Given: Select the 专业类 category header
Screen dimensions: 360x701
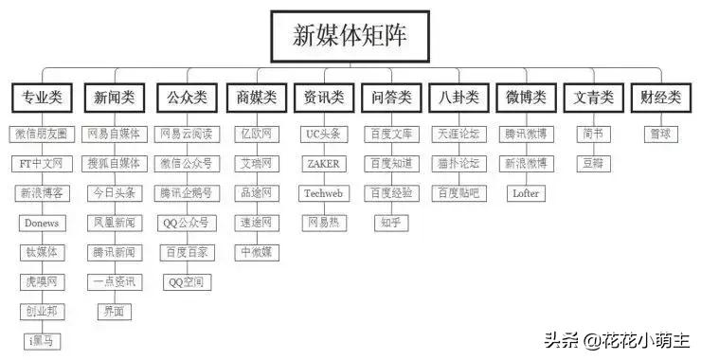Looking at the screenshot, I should [x=41, y=97].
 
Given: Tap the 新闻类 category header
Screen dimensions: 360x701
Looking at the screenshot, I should [x=114, y=97].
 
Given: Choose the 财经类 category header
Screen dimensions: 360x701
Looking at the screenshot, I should [x=659, y=97].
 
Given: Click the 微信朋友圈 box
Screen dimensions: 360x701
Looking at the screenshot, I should [x=41, y=135].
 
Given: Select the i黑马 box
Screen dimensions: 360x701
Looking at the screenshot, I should [x=41, y=339].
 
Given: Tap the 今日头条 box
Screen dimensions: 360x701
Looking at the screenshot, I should [x=114, y=193].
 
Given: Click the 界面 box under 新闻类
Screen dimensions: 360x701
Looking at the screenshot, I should [x=114, y=310].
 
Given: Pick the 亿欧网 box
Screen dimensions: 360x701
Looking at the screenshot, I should [x=256, y=135].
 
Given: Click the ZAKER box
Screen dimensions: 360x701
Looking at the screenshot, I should [x=323, y=164].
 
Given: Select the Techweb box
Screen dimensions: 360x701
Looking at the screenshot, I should [x=323, y=193].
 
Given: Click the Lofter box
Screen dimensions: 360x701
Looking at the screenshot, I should [x=526, y=193].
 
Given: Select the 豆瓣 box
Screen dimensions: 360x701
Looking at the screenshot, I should [x=593, y=164].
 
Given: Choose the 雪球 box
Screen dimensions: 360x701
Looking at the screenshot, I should [x=659, y=135].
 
